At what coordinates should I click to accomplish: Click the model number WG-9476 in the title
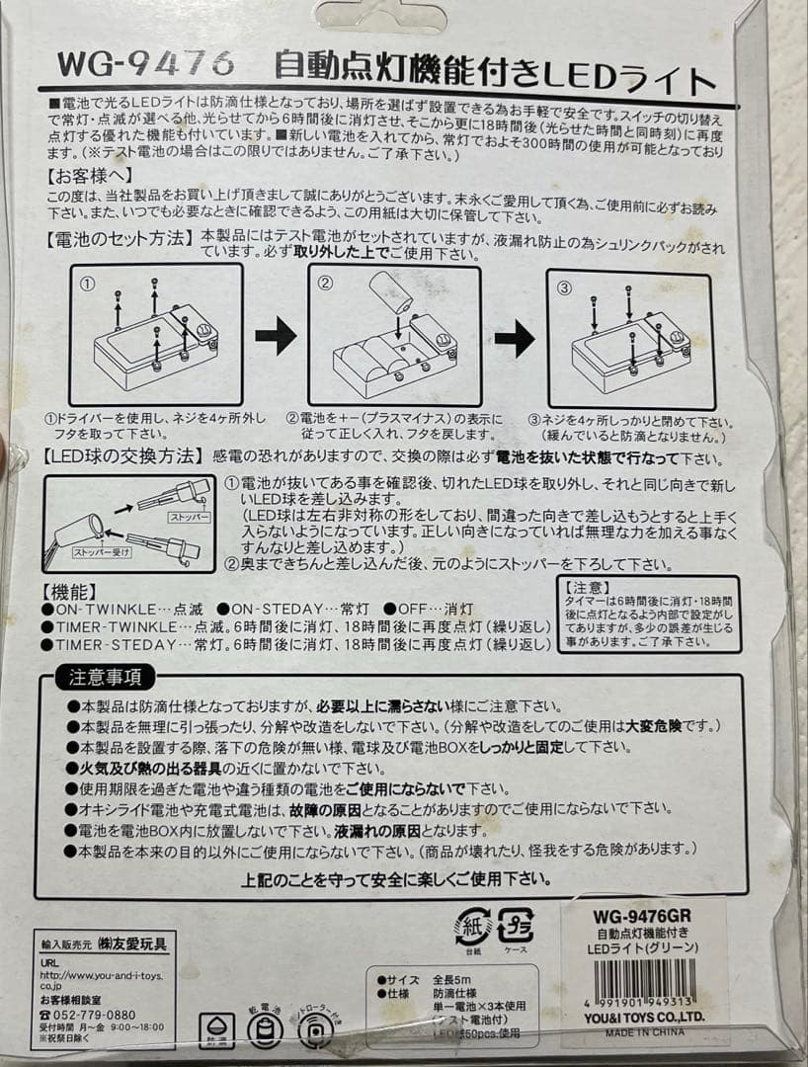(146, 65)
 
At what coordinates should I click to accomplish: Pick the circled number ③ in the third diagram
(565, 287)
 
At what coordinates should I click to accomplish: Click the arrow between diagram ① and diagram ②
(276, 336)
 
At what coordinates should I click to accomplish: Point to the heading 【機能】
(69, 593)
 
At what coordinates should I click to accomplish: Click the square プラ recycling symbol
(516, 925)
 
